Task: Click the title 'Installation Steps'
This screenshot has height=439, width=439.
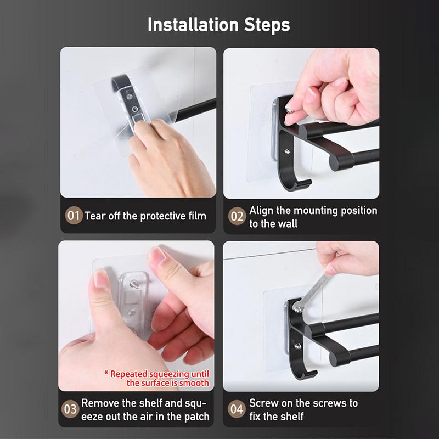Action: (219, 25)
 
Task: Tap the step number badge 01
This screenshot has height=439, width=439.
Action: (73, 216)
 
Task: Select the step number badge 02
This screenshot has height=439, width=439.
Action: (237, 217)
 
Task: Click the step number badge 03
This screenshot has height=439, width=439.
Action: (71, 409)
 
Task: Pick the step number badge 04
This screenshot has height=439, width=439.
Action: (237, 409)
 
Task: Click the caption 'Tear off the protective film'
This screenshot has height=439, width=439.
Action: (145, 216)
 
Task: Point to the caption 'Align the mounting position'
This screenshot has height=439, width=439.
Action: (313, 210)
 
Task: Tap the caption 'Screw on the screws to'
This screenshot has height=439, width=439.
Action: (303, 403)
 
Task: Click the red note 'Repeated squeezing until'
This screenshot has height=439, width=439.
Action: (156, 374)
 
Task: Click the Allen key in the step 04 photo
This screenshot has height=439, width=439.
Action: (316, 285)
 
